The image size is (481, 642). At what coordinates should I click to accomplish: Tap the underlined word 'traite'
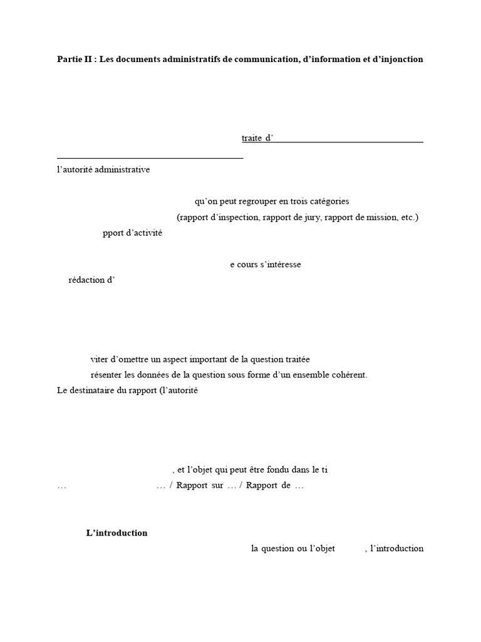point(252,138)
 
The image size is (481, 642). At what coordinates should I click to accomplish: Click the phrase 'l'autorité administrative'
point(103,169)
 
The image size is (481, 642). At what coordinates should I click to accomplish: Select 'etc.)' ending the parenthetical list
point(408,218)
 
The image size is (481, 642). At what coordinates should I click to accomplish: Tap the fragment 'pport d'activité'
point(132,233)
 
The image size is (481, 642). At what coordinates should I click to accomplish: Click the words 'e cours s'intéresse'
point(266,265)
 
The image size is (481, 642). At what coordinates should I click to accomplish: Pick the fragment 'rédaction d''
point(92,280)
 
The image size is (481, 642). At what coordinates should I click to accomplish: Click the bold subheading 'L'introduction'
point(116,533)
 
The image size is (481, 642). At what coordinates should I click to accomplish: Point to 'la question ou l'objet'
point(293,549)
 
